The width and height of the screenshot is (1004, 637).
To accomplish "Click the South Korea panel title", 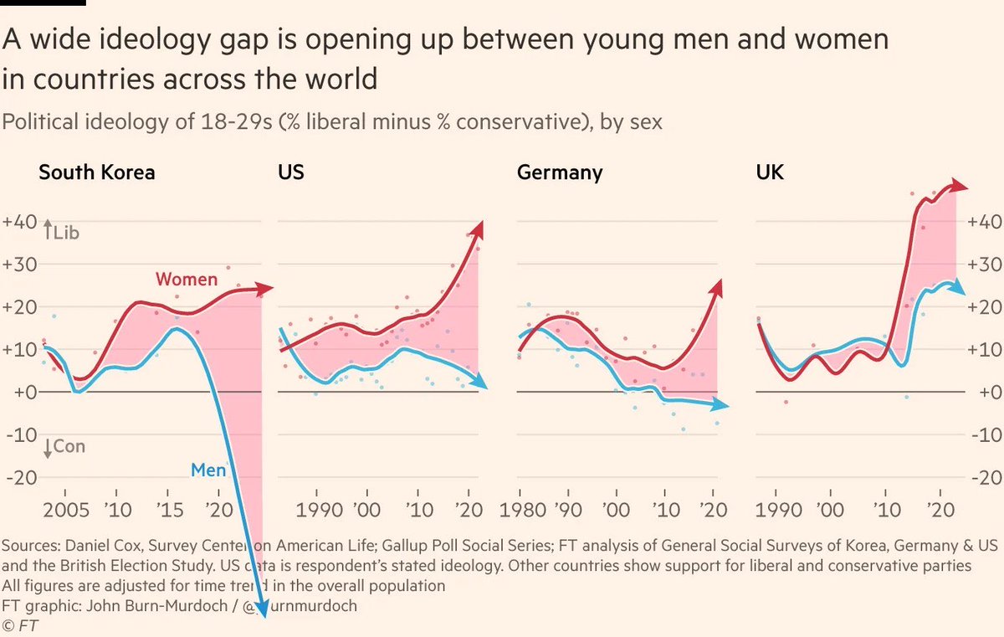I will point(96,173).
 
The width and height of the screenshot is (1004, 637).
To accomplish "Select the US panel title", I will point(290,173).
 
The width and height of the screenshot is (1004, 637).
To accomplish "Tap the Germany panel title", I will point(559,173).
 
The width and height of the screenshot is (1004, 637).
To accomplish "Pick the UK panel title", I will point(769,173).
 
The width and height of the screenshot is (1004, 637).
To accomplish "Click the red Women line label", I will point(186,280).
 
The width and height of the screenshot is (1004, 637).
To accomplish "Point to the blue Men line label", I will point(208,470).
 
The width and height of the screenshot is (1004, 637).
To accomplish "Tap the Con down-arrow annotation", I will point(64,447).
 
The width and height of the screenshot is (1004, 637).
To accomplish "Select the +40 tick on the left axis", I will point(18,222).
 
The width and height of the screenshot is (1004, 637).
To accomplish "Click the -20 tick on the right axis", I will point(985,478).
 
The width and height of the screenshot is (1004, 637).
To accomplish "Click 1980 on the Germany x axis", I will point(520,509).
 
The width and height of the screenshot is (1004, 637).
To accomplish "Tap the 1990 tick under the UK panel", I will point(776,509).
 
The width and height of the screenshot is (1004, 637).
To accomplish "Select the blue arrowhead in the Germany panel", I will point(723,406).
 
